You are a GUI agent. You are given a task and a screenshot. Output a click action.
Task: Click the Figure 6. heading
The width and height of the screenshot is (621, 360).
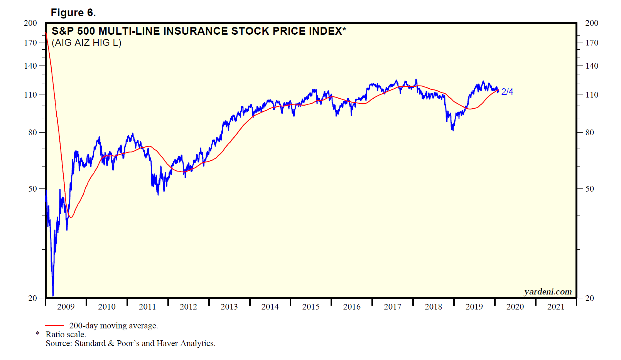73,13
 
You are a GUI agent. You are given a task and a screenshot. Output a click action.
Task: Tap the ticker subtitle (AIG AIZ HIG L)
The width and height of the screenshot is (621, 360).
86,43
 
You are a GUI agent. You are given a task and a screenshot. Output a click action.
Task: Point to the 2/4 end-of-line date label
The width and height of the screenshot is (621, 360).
507,92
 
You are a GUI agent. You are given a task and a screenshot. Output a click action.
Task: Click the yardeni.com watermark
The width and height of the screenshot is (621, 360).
548,292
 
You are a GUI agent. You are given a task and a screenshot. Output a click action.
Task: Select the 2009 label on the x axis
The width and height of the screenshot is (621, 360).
66,307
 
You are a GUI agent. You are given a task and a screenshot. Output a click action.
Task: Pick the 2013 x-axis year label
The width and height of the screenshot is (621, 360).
229,307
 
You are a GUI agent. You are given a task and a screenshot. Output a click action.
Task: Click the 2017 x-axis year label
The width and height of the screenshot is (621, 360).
392,307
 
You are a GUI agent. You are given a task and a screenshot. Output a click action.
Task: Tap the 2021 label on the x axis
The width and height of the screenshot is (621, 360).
556,307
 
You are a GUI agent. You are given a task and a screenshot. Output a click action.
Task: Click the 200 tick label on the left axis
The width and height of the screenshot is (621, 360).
30,23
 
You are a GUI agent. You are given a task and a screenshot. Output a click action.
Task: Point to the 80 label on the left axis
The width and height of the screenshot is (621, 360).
33,133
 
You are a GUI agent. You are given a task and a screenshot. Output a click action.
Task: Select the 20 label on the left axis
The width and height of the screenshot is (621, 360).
33,298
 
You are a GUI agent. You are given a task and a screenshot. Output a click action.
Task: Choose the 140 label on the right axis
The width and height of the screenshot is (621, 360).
592,66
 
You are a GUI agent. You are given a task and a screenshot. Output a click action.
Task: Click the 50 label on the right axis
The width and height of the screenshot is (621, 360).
590,189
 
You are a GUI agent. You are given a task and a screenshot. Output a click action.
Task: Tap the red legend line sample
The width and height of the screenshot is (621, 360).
54,326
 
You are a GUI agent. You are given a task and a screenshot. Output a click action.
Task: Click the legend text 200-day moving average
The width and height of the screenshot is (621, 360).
113,326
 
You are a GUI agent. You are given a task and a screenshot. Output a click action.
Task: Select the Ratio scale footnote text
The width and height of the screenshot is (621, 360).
66,335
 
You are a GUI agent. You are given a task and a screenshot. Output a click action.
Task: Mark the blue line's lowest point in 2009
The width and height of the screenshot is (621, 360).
53,295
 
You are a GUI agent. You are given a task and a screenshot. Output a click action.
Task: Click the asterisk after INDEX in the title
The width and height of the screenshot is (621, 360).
344,29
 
